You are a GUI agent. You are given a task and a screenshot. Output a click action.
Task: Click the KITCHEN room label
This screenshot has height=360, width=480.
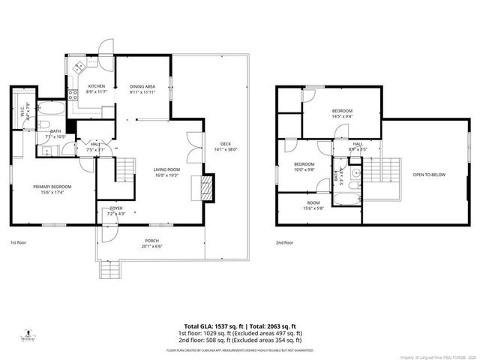pos(96,86)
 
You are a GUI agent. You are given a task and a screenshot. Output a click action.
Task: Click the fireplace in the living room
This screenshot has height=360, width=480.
pos(203,185)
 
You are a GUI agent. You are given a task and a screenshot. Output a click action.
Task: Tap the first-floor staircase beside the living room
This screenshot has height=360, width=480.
pos(125,170)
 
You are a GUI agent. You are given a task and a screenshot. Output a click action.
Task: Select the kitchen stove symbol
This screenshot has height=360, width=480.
pos(73,95)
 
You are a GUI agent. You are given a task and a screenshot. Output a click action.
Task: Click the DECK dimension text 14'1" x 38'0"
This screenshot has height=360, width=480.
pos(225,149)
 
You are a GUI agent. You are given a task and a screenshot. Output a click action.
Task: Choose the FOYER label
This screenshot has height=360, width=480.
pos(115,208)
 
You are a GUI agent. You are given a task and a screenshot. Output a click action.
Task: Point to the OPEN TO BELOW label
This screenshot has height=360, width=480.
pos(428,175)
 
